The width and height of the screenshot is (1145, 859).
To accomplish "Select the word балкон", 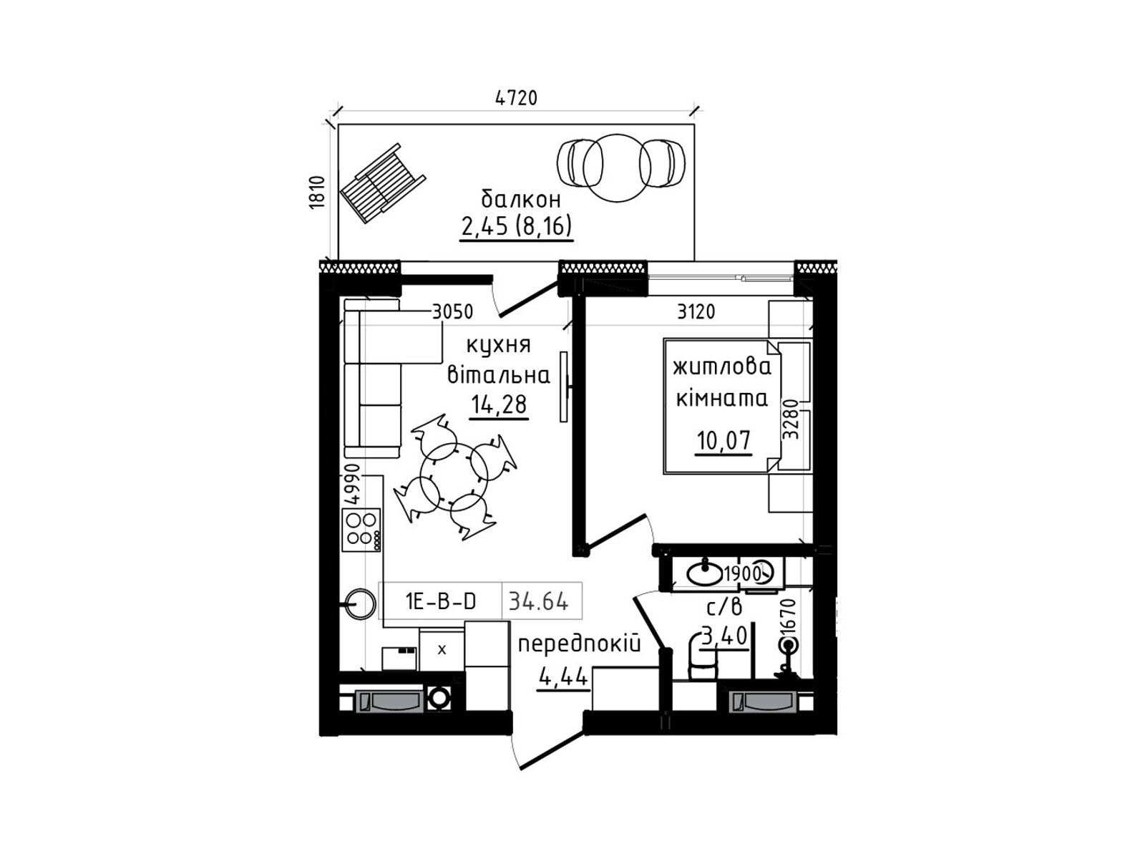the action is pos(520,200).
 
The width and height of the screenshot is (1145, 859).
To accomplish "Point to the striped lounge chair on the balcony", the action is pos(383,183).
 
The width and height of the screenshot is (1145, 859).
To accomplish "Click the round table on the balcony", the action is pos(617,168).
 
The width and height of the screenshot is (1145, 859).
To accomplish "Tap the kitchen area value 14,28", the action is pos(499,404).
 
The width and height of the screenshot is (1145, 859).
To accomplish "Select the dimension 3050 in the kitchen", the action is pos(452,312).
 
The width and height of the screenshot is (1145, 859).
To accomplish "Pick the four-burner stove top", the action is pos(361,530).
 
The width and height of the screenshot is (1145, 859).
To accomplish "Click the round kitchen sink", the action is pos(360,604).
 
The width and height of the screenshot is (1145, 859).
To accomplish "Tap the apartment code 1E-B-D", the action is pos(441,602).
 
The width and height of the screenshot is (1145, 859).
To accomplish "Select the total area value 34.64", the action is pos(538,602).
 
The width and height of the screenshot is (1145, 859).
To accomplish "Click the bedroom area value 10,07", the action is pos(723,441).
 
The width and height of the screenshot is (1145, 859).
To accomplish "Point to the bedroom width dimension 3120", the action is pos(696,312).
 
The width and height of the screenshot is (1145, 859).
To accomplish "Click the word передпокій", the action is pos(579,645).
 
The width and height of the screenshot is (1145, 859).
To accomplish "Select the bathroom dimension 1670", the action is pos(790,617).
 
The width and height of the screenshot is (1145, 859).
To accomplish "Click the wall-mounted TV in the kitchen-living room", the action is pos(565,387).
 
